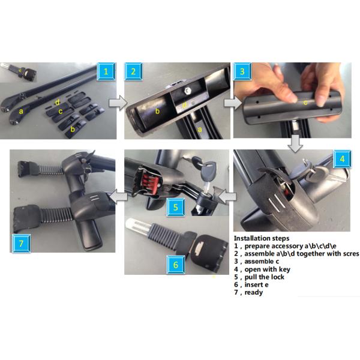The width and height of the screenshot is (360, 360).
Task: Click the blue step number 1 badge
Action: [x=106, y=71]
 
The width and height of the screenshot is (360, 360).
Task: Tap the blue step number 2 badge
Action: [x=133, y=71]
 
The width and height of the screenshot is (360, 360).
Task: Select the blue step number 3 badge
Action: [x=242, y=71]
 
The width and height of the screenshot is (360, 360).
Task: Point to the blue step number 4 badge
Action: [x=342, y=159]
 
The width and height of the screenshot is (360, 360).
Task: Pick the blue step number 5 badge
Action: [x=176, y=207]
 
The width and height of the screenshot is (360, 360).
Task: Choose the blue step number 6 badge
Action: [x=176, y=265]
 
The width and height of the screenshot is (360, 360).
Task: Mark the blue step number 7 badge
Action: [x=21, y=244]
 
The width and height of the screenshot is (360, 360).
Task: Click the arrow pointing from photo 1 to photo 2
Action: [x=118, y=103]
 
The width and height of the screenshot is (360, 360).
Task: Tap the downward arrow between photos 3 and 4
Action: [x=296, y=144]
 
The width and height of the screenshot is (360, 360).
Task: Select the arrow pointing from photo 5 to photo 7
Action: [x=119, y=197]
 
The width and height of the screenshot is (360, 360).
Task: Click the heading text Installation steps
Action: [x=262, y=238]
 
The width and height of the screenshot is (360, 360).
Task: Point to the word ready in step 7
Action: [x=254, y=293]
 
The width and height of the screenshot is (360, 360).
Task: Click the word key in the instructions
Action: [x=284, y=269]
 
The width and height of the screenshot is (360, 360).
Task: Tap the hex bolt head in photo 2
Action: [x=187, y=91]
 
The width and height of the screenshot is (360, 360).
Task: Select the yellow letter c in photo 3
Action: [x=305, y=103]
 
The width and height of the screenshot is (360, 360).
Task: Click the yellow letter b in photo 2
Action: [x=157, y=111]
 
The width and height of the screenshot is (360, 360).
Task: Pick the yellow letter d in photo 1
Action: [x=58, y=102]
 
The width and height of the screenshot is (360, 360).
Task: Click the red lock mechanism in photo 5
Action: [x=149, y=181]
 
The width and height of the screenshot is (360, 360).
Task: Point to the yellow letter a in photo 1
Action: [x=21, y=112]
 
